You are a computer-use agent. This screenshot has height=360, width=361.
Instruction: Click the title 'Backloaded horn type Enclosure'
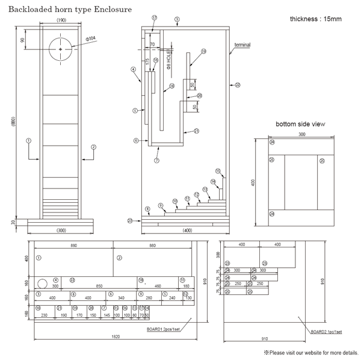[70, 10]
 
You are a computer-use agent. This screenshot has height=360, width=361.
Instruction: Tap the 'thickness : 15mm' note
[316, 19]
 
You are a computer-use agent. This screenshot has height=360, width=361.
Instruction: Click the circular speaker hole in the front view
[61, 48]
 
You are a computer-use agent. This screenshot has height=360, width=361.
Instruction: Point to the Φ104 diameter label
[91, 38]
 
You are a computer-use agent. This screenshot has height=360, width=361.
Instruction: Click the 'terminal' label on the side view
[242, 45]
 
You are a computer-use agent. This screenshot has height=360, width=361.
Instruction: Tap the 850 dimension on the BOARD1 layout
[98, 286]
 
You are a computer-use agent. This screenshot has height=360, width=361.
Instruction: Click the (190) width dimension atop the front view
[61, 20]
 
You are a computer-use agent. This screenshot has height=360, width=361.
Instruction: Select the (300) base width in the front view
[61, 231]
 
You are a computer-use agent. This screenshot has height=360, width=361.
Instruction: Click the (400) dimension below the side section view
[187, 231]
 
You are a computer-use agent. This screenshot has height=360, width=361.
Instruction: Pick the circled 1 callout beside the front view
[28, 140]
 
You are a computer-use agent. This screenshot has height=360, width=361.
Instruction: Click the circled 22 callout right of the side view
[237, 85]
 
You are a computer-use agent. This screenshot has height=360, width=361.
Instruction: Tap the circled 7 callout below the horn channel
[156, 161]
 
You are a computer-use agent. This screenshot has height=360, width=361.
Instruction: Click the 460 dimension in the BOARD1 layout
[158, 286]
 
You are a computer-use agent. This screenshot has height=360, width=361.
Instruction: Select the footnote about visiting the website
[310, 352]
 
